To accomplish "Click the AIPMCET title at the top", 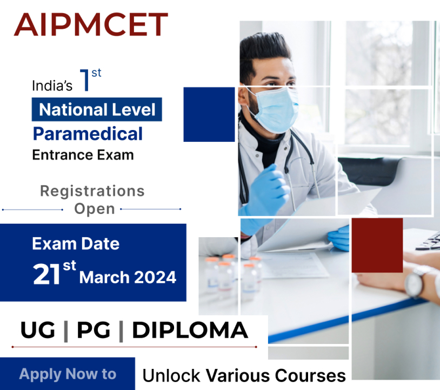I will [91, 24].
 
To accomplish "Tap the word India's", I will [52, 86].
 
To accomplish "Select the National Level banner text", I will [97, 110].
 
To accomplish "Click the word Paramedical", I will [88, 133].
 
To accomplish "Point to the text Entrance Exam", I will [83, 155].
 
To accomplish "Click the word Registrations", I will [92, 191].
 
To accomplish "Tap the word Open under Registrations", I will [94, 209].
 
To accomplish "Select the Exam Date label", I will [76, 243].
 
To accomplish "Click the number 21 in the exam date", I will [46, 275].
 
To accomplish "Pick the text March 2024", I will [128, 277].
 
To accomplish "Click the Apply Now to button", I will [68, 374].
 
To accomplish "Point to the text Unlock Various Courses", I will [244, 375].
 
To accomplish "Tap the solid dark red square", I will [377, 245].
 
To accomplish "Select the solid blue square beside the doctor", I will [209, 114].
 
